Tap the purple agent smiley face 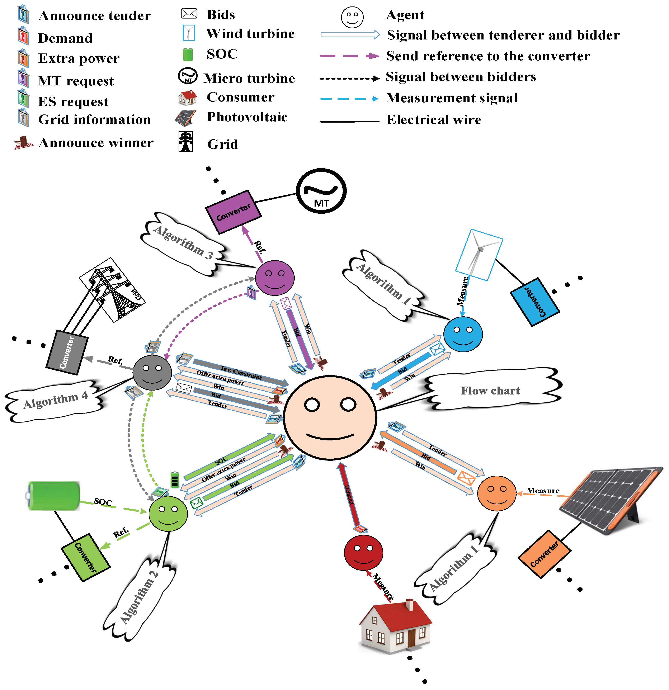[275, 278]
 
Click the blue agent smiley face [463, 334]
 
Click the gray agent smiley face [152, 372]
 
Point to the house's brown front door [411, 638]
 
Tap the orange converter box [544, 554]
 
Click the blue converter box [534, 302]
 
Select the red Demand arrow [350, 496]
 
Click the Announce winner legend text [96, 143]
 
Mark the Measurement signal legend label [452, 98]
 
